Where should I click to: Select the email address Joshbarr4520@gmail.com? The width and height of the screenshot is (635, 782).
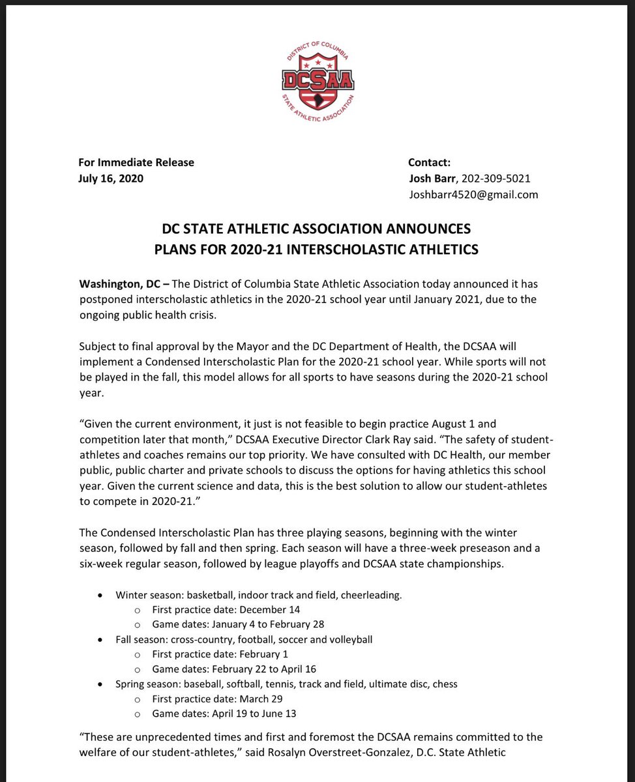click(473, 194)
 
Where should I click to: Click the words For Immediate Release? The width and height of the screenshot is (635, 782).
click(136, 162)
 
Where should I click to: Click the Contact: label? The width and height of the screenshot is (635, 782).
click(429, 162)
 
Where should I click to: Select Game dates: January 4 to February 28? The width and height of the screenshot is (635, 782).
click(237, 624)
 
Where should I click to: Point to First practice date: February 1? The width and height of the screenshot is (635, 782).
click(220, 654)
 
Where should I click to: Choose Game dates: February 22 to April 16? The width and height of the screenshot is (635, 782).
click(233, 669)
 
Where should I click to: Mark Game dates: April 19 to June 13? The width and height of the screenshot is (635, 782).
click(224, 713)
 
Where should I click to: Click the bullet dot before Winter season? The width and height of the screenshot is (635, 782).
click(99, 595)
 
